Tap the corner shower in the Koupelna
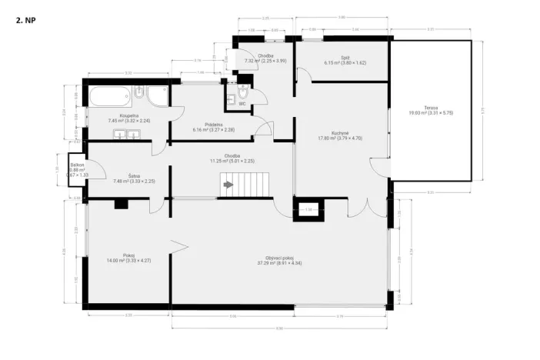[x=159, y=97]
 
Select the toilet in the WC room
[x=242, y=94]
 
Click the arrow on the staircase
[x=228, y=185]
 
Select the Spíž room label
[x=345, y=59]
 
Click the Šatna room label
[x=123, y=178]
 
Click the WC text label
[x=242, y=103]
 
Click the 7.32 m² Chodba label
[x=265, y=58]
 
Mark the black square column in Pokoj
[x=120, y=204]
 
